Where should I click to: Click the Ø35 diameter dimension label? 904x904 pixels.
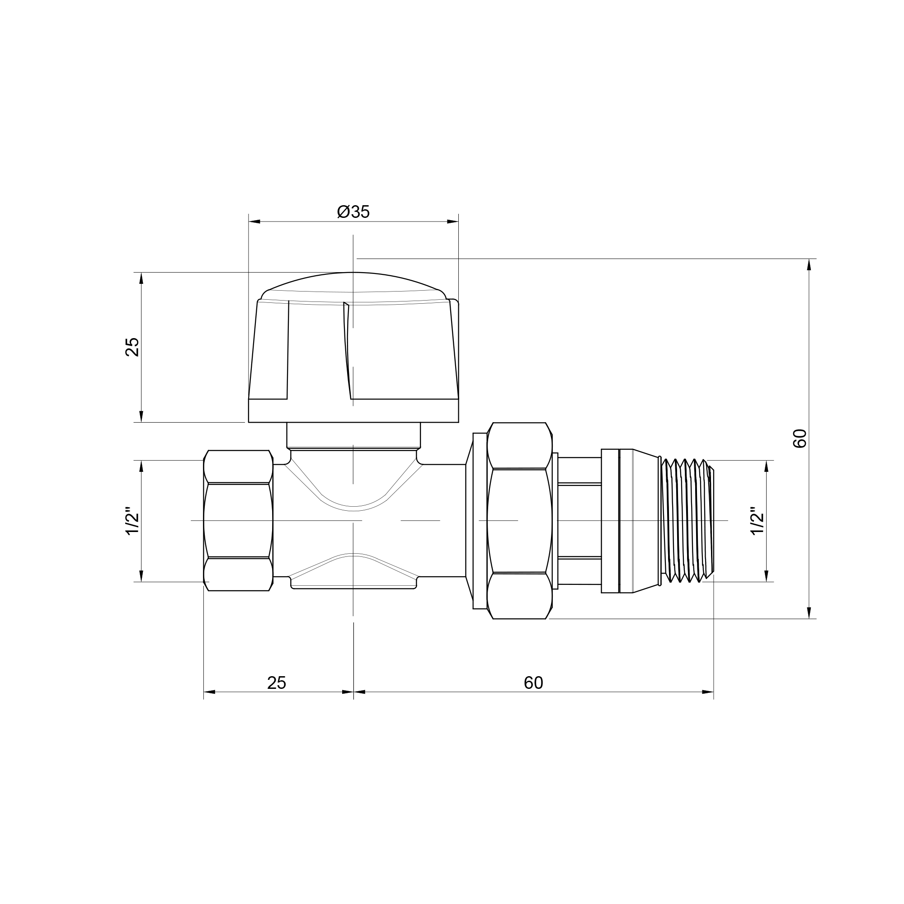[x=353, y=212]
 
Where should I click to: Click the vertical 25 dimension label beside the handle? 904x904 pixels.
[x=133, y=347]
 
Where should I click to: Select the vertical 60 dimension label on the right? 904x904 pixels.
[x=800, y=438]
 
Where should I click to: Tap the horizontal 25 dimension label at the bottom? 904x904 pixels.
[x=277, y=683]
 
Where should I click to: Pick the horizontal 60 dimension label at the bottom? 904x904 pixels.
[x=533, y=683]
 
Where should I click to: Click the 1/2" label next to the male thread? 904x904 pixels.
[x=757, y=521]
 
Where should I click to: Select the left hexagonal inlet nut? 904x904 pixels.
[x=238, y=521]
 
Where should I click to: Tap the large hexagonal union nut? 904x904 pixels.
[x=519, y=521]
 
